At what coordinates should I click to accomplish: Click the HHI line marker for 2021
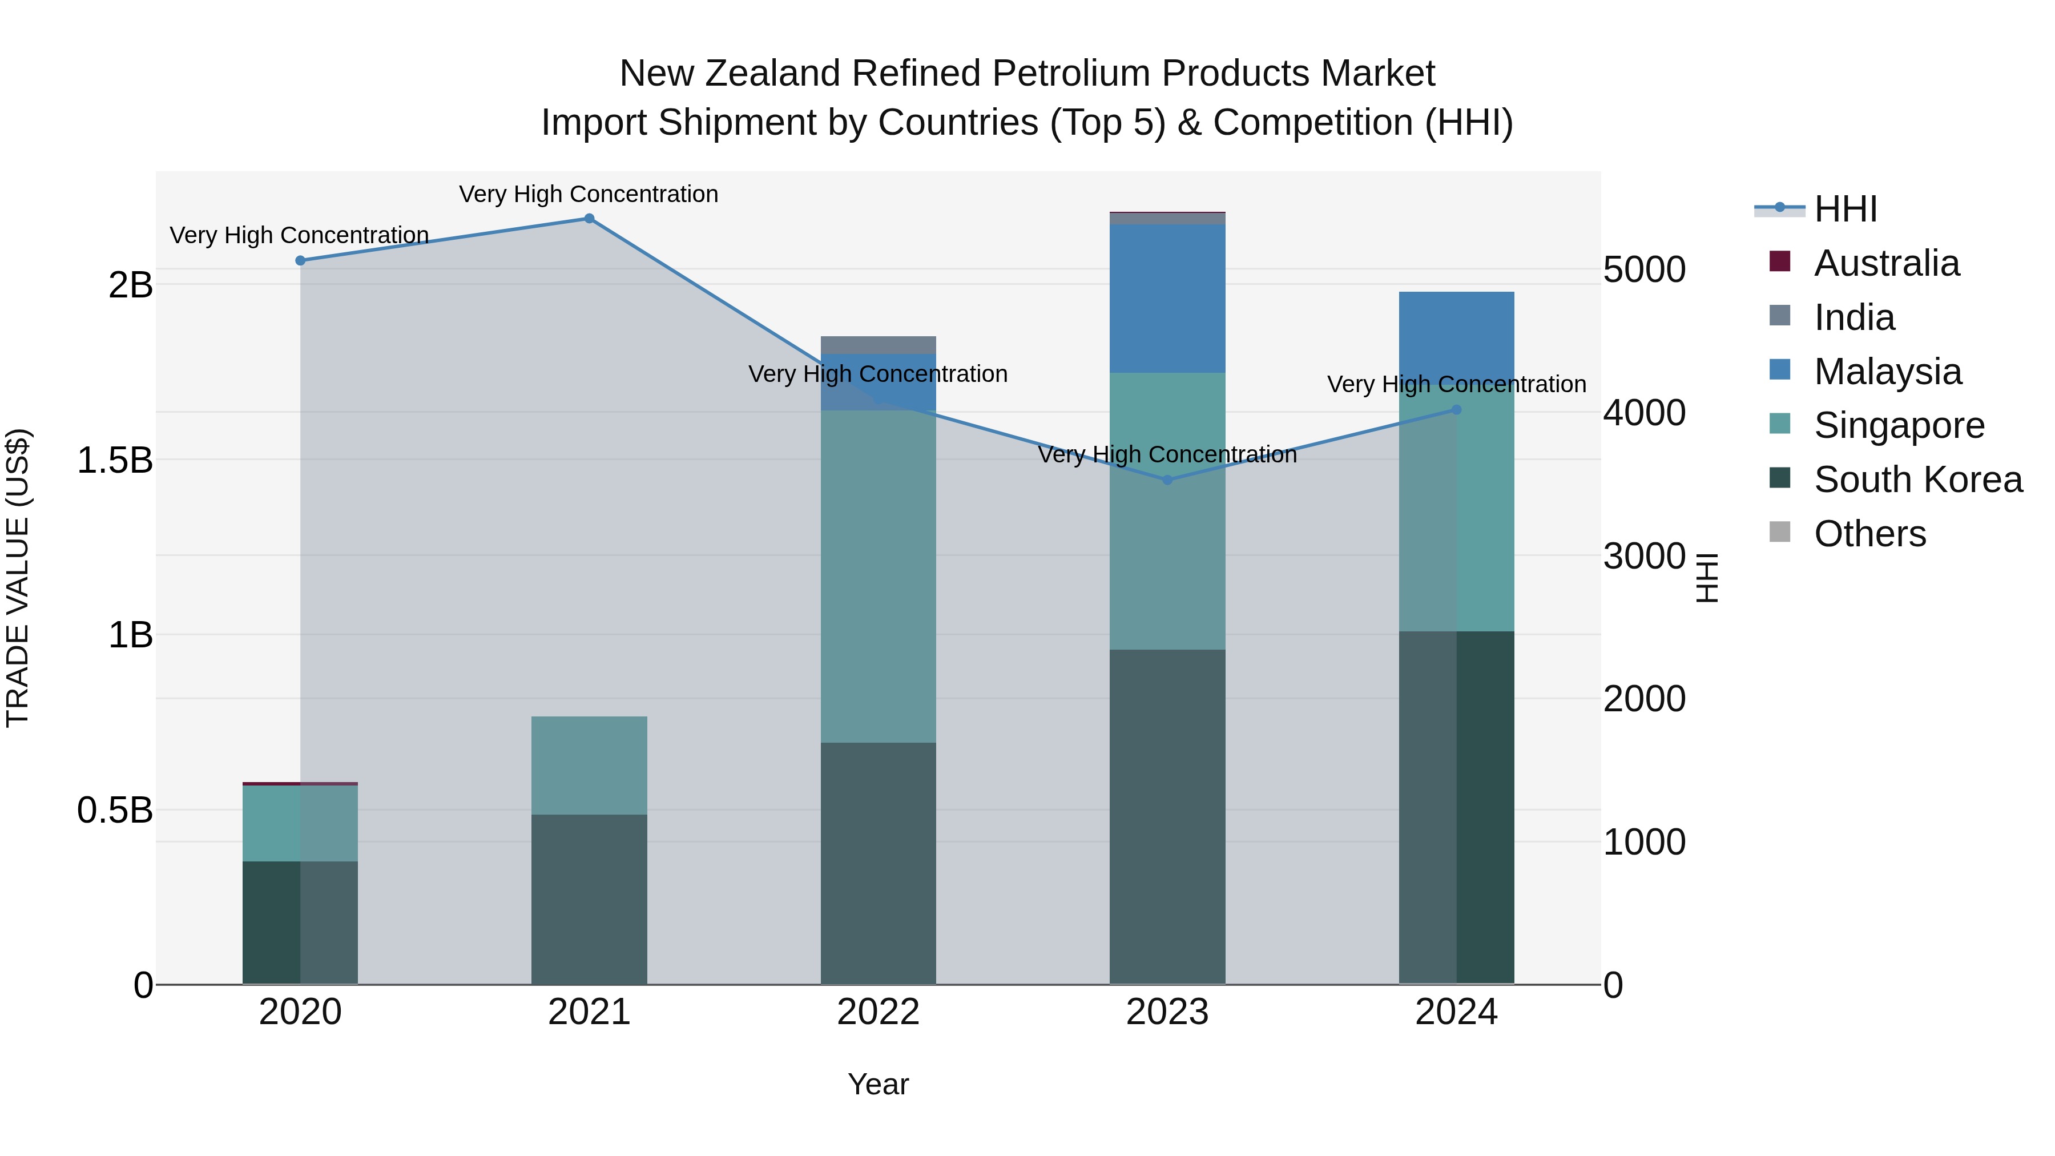tap(589, 219)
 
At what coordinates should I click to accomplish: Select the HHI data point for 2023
tap(1167, 480)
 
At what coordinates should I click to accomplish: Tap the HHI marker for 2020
tap(300, 261)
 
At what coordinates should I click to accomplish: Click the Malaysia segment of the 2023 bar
tap(1167, 299)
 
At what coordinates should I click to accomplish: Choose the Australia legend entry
tap(1886, 263)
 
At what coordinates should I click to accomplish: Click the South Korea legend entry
tap(1918, 480)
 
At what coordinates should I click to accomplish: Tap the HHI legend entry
tap(1845, 209)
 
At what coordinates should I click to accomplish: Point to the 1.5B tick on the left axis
tap(115, 460)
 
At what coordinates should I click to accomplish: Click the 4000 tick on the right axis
tap(1644, 413)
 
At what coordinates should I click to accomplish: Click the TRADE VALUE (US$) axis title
tap(18, 578)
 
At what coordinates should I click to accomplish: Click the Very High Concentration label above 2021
tap(589, 194)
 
